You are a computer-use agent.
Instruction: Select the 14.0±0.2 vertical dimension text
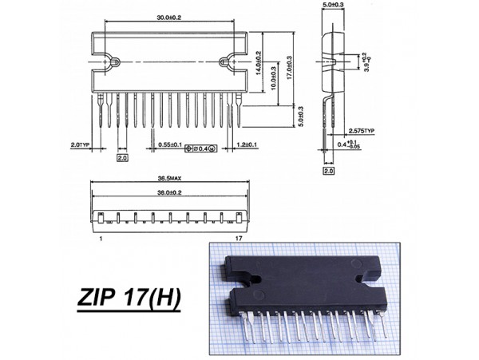click(x=259, y=63)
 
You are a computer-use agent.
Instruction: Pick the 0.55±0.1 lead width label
click(x=169, y=146)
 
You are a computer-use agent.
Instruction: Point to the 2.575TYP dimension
click(x=361, y=131)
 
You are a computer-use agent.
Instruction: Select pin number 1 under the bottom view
click(x=101, y=239)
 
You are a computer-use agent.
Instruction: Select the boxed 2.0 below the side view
click(x=327, y=170)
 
